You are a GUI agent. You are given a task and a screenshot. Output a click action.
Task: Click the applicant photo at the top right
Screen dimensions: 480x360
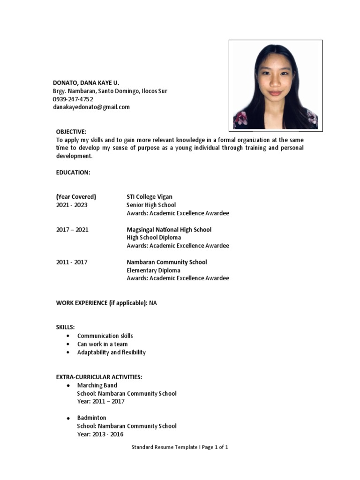tap(276, 85)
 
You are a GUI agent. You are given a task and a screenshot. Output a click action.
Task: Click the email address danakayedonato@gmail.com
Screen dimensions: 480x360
tap(91, 107)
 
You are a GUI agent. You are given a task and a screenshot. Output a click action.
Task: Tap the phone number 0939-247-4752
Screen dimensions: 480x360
tap(73, 99)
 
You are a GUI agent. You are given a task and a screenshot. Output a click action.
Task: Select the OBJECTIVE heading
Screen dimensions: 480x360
tap(71, 132)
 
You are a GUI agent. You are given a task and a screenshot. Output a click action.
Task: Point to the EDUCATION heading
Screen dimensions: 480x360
tap(73, 172)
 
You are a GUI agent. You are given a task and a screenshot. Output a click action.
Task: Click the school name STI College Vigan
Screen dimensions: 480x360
tap(150, 197)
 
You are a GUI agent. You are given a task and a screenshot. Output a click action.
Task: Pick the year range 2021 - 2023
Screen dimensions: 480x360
tap(72, 205)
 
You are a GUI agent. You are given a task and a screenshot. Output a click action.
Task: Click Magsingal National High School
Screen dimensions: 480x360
tap(169, 230)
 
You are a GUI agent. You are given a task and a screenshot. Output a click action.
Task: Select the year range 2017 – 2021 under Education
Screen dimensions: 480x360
tap(72, 230)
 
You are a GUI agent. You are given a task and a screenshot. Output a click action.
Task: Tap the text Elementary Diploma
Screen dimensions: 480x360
tap(153, 270)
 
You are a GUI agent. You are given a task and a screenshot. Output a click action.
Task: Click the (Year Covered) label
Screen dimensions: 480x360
tap(76, 197)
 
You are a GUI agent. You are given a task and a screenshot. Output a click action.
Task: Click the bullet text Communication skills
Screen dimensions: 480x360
tap(105, 336)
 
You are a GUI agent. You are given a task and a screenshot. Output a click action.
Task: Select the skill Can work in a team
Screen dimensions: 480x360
tap(102, 344)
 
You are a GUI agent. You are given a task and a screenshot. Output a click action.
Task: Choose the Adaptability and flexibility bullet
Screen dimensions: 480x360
tap(111, 352)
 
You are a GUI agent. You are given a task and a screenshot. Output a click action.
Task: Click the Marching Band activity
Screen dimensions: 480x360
tap(97, 385)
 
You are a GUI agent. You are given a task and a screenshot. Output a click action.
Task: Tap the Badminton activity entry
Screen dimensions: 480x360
tap(91, 418)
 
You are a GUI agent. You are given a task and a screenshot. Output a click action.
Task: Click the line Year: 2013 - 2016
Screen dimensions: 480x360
tap(100, 434)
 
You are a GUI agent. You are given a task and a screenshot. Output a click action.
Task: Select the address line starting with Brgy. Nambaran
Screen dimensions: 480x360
tap(110, 91)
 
